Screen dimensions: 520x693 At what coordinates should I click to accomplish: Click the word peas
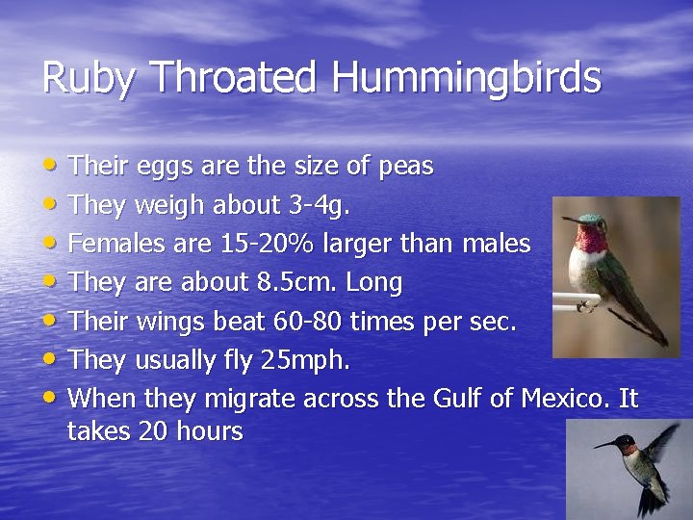tap(405, 168)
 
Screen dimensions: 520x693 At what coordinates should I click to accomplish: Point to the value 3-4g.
tap(320, 206)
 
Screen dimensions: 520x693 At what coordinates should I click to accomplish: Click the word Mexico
tap(564, 398)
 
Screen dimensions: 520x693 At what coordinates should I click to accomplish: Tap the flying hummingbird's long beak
tap(603, 445)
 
